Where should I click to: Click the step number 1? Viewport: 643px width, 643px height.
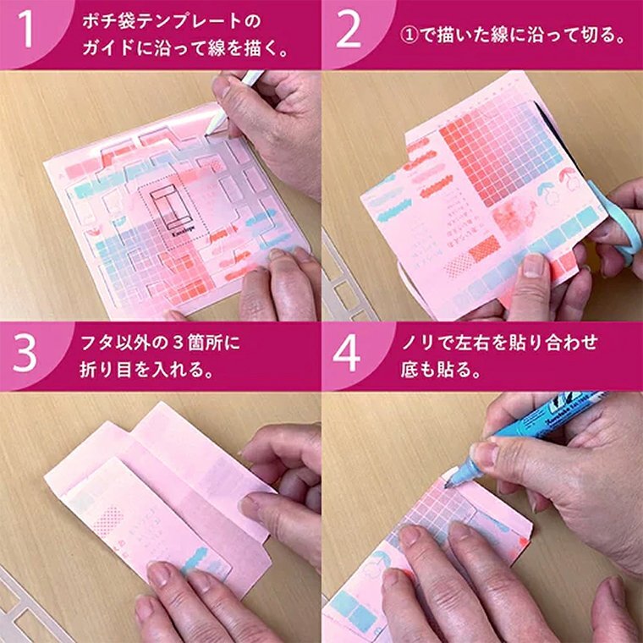point(27,34)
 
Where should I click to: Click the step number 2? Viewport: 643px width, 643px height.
point(349,34)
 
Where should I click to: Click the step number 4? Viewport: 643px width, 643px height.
point(348,354)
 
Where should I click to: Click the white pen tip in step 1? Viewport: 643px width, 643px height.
point(213,128)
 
